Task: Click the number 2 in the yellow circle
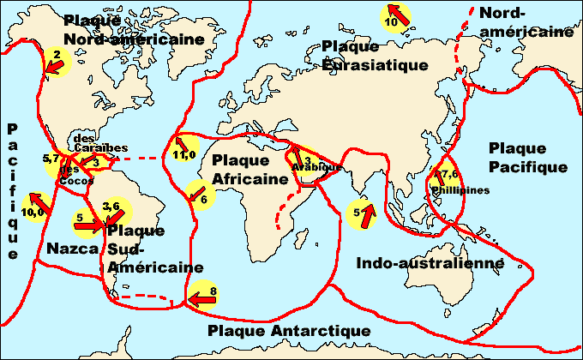(57, 55)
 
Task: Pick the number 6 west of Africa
(203, 199)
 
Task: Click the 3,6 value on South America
(111, 206)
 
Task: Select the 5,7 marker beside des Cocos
(50, 159)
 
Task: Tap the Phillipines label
(460, 190)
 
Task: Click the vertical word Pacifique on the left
(12, 190)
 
